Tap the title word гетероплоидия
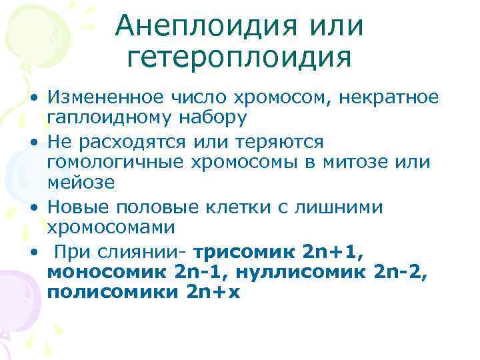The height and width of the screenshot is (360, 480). [239, 58]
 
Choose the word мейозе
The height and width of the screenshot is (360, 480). [81, 183]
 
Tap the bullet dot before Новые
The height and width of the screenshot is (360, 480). [32, 207]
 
